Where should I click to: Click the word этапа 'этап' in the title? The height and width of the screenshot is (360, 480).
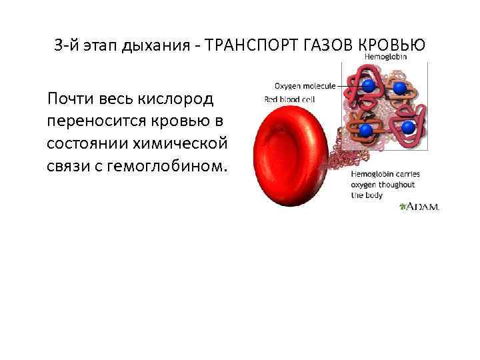point(93,46)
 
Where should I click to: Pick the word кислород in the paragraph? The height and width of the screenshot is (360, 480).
point(175,100)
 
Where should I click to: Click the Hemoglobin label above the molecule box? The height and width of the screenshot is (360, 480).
point(386,57)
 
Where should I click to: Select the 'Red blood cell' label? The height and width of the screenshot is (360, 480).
point(289,99)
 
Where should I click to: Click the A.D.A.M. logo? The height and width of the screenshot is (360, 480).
point(419,207)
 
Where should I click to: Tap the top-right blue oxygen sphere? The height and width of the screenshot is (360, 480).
point(399,87)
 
